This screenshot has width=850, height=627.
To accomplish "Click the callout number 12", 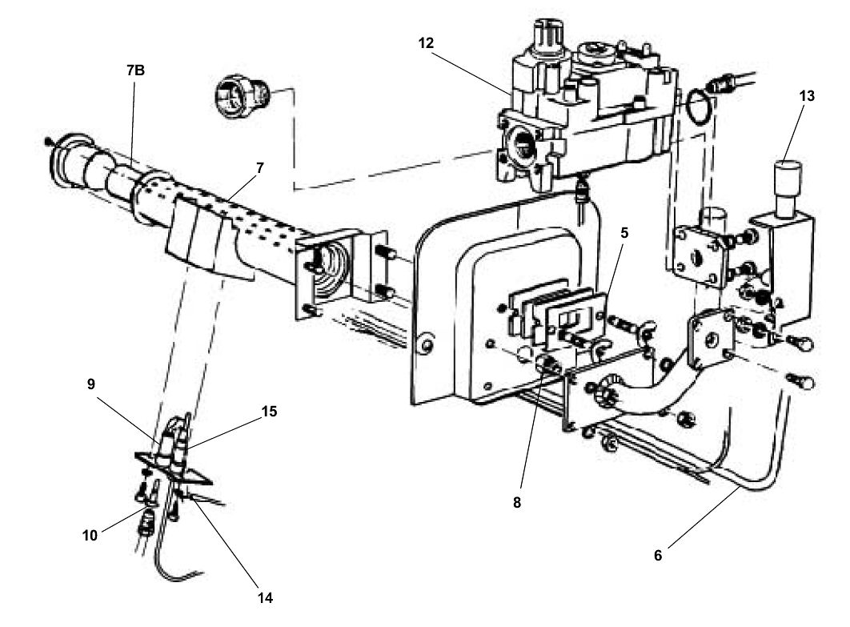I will tap(426, 43).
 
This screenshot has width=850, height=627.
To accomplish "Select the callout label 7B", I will tap(135, 70).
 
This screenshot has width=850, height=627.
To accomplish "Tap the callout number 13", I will tap(806, 96).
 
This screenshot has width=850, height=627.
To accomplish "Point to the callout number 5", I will tap(624, 233).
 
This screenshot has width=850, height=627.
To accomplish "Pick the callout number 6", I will tap(658, 554).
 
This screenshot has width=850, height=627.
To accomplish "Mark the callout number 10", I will tap(89, 534).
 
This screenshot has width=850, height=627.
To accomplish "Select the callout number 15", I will tap(269, 412).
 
